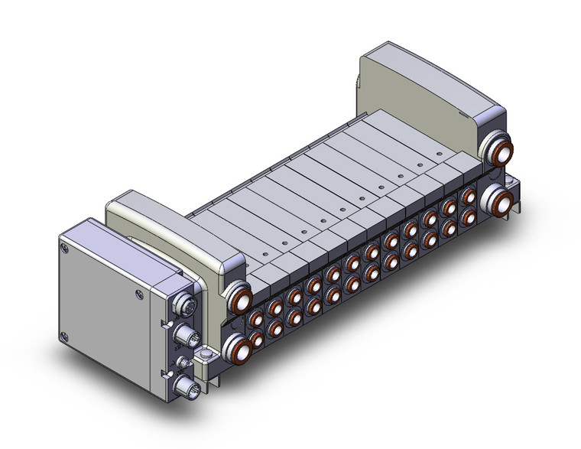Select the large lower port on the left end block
(240, 348)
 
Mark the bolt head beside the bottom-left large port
(206, 358)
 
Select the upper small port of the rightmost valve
(469, 196)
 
